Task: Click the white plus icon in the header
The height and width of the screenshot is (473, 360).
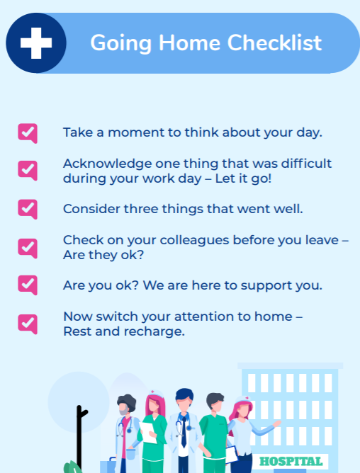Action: tap(36, 43)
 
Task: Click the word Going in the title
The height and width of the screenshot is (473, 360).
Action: tap(113, 43)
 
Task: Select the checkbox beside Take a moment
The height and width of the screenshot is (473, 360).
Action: tap(28, 132)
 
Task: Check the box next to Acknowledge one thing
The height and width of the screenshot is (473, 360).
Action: tap(28, 170)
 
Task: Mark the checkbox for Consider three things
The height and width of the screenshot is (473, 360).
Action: tap(28, 209)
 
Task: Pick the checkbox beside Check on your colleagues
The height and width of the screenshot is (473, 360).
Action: tap(28, 247)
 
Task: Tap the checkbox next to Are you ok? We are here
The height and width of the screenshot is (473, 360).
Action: tap(28, 285)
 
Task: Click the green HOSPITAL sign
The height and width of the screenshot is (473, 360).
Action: tap(291, 462)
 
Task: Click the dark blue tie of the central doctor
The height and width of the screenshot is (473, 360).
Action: tap(184, 434)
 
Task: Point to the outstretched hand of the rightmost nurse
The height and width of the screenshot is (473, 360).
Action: tap(276, 423)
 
